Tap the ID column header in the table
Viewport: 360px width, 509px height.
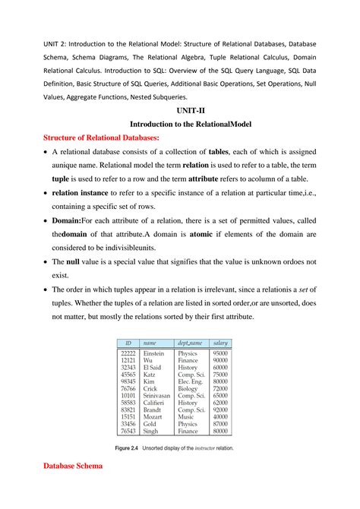[x=128, y=343]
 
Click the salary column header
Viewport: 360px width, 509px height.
[x=221, y=343]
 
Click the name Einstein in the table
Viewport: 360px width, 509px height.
[x=153, y=354]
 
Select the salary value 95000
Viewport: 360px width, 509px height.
[x=221, y=354]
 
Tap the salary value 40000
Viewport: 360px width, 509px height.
[x=221, y=416]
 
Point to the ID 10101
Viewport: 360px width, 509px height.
[x=128, y=395]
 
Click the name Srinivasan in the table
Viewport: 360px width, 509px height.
[x=157, y=395]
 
